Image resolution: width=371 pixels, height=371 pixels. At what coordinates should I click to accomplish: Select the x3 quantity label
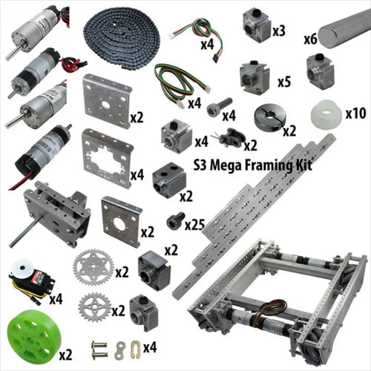[279, 31]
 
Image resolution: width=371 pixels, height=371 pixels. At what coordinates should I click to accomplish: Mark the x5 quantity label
[284, 81]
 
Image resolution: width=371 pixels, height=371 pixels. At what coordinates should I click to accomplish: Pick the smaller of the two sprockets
[95, 307]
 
